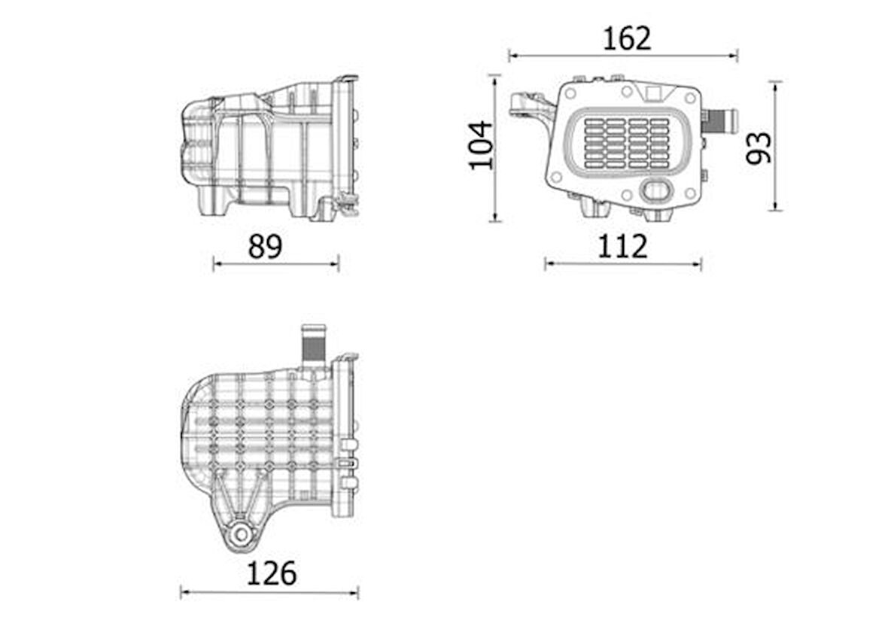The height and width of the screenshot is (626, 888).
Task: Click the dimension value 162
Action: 626,38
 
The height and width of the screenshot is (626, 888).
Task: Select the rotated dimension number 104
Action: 481,145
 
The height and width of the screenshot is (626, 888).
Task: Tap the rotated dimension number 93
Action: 759,147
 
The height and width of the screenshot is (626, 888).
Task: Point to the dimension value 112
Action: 622,246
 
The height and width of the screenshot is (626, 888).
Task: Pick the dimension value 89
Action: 265,246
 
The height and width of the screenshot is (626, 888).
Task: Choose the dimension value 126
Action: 272,573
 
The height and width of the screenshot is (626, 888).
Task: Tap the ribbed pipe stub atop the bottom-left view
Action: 313,342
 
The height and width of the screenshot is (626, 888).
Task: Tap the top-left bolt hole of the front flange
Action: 570,94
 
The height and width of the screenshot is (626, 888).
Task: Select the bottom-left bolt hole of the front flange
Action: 556,177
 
